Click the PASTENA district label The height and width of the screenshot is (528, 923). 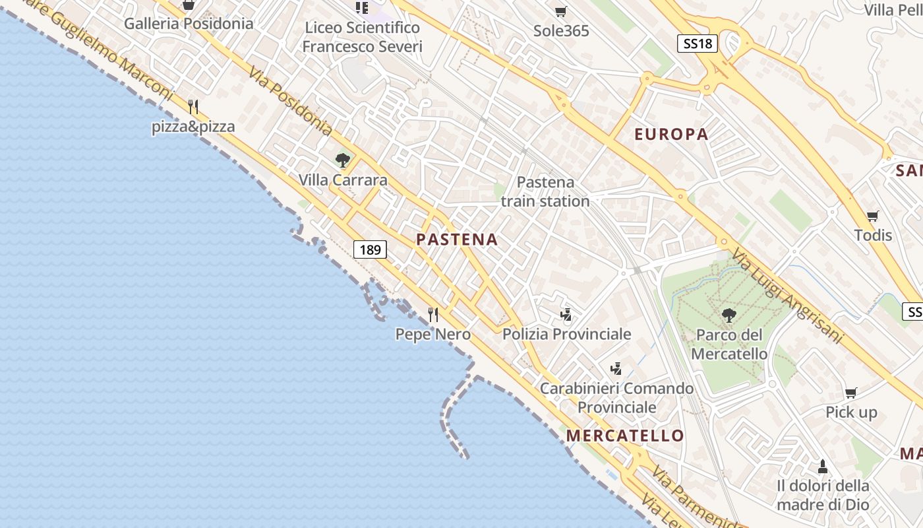click(x=457, y=240)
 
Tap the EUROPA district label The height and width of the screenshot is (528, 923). click(x=671, y=135)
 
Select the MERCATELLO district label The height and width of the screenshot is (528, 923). click(x=625, y=436)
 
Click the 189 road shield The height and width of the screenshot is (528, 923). click(x=371, y=249)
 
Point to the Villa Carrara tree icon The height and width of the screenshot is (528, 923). click(x=342, y=160)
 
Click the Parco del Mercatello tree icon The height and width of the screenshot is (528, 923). click(x=729, y=315)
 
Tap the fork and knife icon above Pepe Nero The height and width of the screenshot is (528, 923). click(x=433, y=315)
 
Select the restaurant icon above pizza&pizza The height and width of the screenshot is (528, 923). click(x=193, y=106)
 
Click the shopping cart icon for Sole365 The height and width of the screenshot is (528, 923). click(x=560, y=11)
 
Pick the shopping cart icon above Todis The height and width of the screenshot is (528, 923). click(x=873, y=216)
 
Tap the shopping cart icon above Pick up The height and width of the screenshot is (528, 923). click(x=851, y=393)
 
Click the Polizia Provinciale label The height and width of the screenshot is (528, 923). click(x=566, y=334)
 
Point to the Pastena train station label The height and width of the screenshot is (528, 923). click(x=545, y=191)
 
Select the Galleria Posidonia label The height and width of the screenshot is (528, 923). click(x=189, y=24)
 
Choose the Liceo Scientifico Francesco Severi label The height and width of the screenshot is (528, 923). click(x=362, y=37)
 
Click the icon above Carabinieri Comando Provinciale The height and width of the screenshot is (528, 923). click(x=616, y=368)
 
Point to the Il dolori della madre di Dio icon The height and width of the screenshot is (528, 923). click(x=822, y=467)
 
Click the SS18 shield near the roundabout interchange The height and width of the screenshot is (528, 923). click(x=698, y=44)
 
